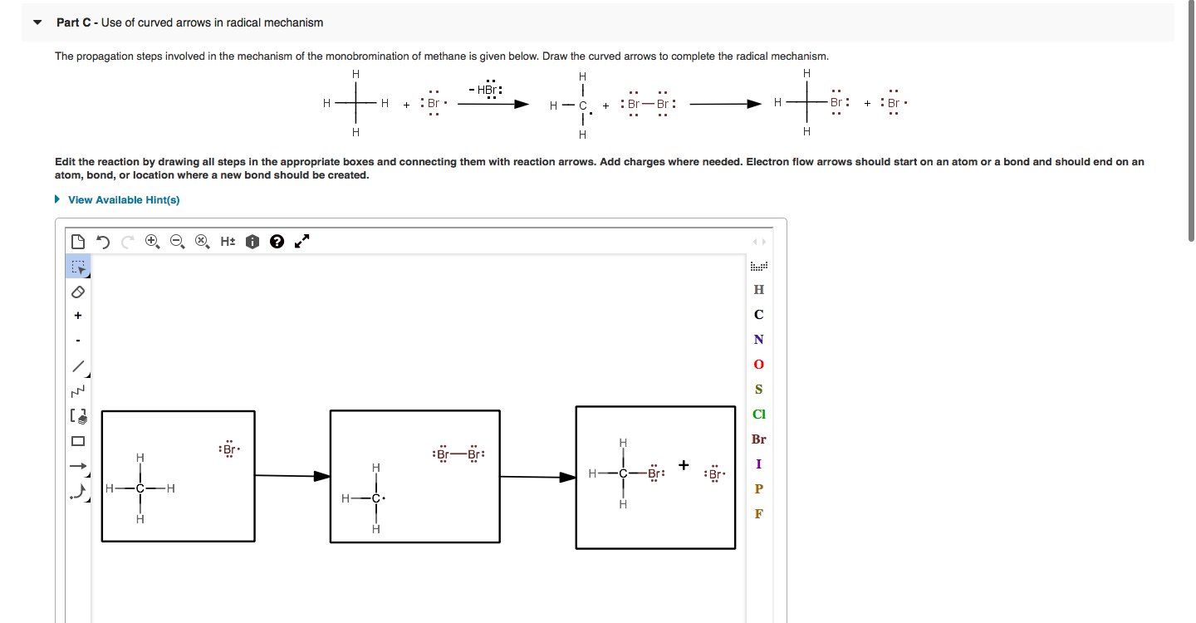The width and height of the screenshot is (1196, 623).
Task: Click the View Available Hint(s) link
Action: click(x=123, y=200)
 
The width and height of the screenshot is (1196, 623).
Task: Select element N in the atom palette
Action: click(x=758, y=340)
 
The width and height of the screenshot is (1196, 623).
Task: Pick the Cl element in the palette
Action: click(x=758, y=415)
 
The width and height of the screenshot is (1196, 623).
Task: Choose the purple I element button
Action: click(x=758, y=464)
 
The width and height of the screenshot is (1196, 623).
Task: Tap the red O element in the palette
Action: click(x=758, y=365)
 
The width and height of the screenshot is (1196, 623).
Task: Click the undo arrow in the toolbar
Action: click(x=103, y=242)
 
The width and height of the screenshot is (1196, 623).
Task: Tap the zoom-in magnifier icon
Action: click(x=151, y=242)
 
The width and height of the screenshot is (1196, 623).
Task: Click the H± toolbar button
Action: click(x=228, y=242)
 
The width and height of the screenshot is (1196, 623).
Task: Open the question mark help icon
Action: click(x=277, y=242)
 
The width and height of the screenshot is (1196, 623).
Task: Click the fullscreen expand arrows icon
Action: click(x=302, y=242)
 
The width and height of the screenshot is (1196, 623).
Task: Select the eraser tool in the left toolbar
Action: click(x=78, y=292)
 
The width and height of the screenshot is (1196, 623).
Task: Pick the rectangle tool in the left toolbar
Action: click(x=78, y=441)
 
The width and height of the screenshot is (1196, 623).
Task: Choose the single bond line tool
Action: click(x=78, y=365)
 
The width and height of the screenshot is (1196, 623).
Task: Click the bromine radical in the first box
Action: click(x=228, y=449)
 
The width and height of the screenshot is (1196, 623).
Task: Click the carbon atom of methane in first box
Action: click(x=140, y=488)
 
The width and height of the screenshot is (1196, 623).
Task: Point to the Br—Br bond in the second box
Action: click(x=458, y=454)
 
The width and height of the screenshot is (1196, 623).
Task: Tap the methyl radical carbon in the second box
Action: click(x=375, y=499)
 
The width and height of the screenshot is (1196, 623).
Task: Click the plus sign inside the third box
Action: click(x=684, y=465)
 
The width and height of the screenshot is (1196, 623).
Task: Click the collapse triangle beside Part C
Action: click(x=37, y=22)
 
